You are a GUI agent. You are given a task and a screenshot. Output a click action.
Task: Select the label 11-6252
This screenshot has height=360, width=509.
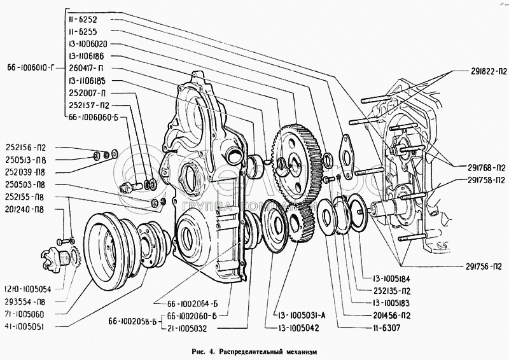85,20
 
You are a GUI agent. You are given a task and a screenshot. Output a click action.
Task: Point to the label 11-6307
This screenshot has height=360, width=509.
377,328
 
